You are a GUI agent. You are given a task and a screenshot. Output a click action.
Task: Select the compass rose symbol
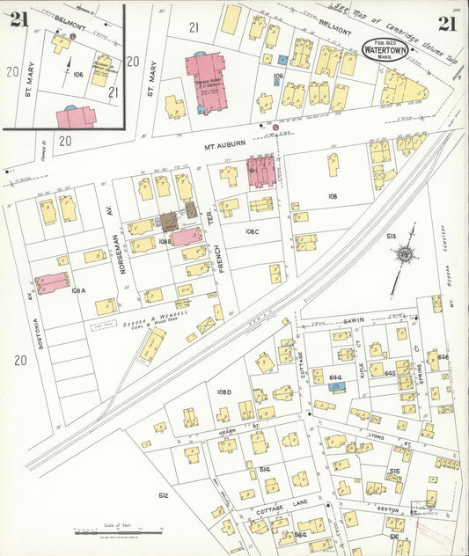(405, 255)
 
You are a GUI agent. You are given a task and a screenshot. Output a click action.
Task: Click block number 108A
(77, 289)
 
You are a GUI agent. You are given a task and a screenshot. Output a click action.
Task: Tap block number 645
(390, 373)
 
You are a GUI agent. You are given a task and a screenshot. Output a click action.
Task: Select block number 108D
(224, 391)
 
